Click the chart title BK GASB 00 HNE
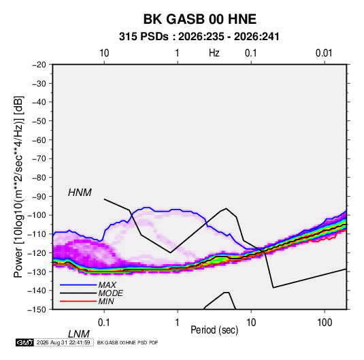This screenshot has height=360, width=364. [200, 19]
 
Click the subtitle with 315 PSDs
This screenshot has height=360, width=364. [199, 37]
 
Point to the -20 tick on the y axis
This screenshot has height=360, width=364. [39, 65]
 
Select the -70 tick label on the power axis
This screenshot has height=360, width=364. [39, 159]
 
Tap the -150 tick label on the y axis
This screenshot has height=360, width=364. [37, 310]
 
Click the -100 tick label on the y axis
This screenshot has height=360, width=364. [37, 215]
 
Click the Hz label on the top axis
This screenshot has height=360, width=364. [214, 53]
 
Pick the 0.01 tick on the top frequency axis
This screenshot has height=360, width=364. [324, 53]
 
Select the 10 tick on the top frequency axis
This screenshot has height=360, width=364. [104, 53]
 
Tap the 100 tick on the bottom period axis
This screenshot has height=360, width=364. [325, 322]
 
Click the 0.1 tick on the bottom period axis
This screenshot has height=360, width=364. [104, 322]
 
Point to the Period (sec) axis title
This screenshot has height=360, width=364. [214, 330]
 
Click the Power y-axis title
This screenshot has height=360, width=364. [18, 187]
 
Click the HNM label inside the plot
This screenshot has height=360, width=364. [80, 193]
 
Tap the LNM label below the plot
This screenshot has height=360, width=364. [79, 334]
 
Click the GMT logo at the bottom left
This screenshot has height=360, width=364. [24, 342]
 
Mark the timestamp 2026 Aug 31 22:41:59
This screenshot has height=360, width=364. [63, 342]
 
